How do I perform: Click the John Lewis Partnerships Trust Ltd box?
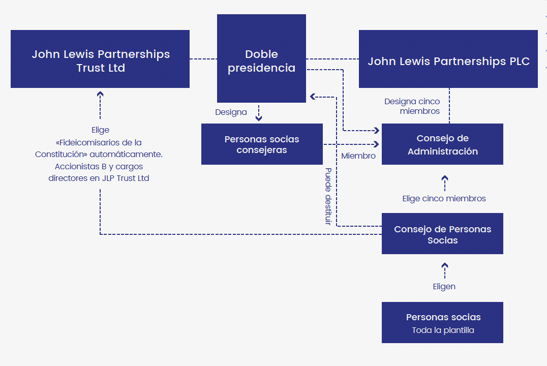(100, 59)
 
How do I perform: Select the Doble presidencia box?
(261, 59)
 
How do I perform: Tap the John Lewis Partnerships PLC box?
(448, 59)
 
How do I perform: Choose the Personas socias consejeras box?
(262, 144)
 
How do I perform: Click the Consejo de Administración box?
(442, 144)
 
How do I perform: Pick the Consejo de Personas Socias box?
(442, 234)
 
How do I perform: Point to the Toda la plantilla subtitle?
(443, 330)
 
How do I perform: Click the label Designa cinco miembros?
(412, 106)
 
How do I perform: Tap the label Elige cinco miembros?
(444, 199)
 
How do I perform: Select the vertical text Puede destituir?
(328, 196)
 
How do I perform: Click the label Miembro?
(358, 156)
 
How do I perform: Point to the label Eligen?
(444, 287)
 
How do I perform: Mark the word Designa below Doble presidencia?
(231, 112)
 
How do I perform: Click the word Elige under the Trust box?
(100, 130)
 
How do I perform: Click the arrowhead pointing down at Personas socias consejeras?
(259, 118)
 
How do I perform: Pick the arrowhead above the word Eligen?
(445, 265)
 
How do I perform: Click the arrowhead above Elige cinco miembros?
(445, 178)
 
